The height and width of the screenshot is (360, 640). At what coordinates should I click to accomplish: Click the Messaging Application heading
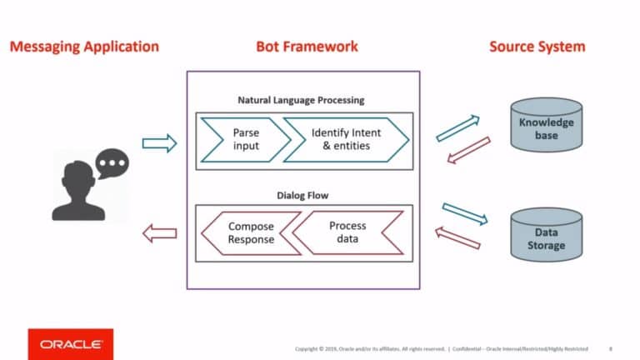coord(83,47)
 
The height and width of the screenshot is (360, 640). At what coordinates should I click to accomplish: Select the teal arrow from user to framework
coord(159,143)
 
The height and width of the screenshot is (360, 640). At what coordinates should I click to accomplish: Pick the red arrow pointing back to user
coord(159,234)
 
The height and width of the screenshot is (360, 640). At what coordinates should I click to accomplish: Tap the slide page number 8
coord(611,347)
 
